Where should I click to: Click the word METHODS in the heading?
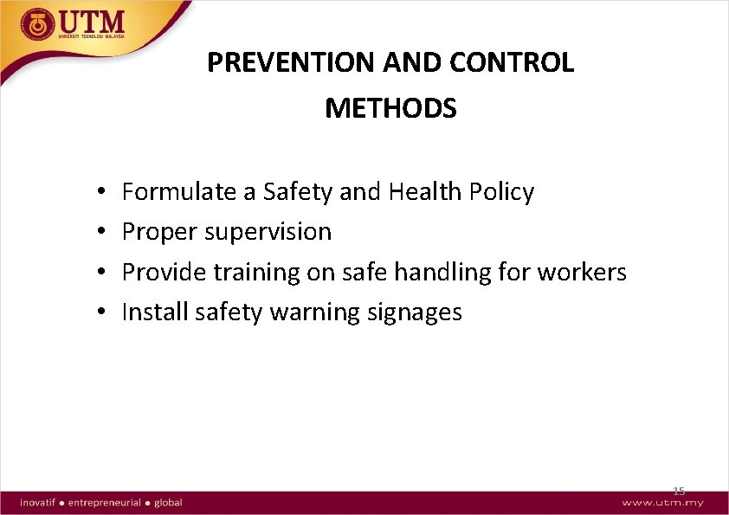(x=390, y=108)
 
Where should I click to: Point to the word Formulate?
(x=180, y=191)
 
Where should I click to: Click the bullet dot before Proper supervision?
(x=101, y=232)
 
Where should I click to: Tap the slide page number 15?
(x=679, y=491)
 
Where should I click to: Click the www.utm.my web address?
(x=662, y=503)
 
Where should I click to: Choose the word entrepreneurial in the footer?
(x=105, y=502)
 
